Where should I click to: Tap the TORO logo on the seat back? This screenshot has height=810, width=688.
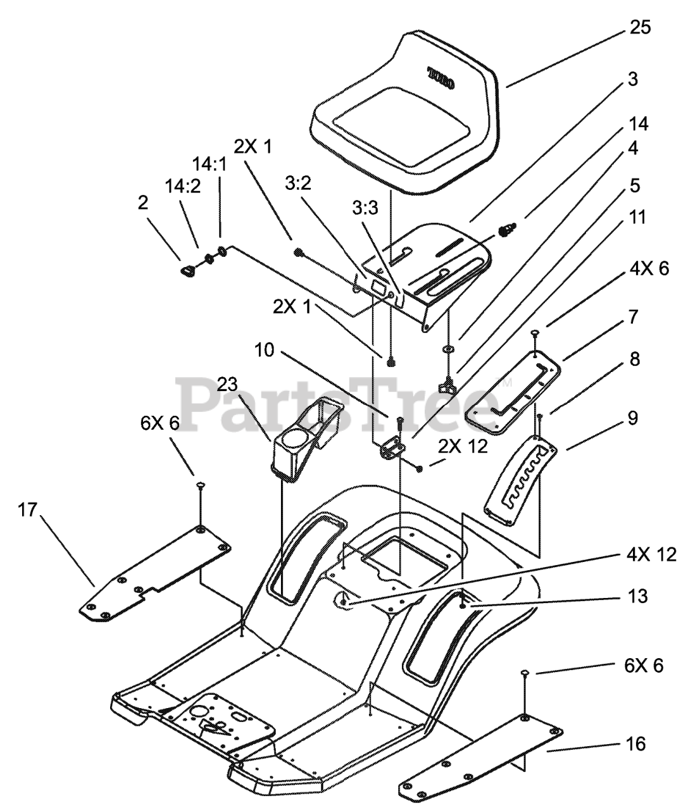441,78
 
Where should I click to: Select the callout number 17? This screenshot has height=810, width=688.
27,510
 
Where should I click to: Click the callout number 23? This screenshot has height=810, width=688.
227,384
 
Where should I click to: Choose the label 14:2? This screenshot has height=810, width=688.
183,186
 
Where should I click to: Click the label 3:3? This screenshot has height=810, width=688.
365,208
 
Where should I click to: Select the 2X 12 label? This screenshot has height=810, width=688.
463,446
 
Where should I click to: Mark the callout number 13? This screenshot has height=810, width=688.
637,597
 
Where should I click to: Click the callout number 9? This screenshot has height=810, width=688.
633,418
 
